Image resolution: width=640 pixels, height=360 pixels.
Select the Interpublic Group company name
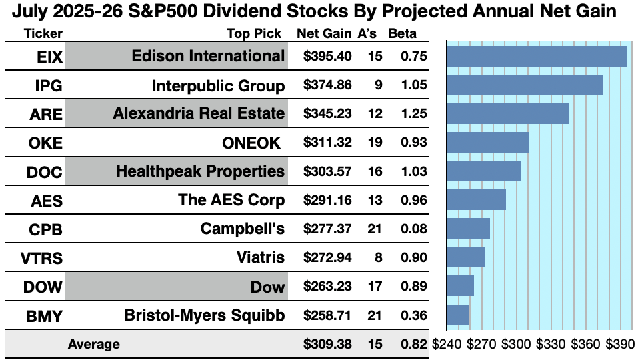(218, 86)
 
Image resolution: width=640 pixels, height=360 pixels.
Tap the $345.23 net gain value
(327, 114)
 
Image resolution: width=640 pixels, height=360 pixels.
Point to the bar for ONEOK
(488, 143)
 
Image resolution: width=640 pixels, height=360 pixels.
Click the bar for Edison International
(537, 57)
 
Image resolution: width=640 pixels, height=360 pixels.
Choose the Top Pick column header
(254, 34)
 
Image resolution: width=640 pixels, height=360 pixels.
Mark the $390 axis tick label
(619, 345)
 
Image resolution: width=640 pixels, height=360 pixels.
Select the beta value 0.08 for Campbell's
(413, 229)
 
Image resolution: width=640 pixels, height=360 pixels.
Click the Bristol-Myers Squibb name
(205, 315)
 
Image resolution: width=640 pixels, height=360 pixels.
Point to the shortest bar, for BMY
(458, 315)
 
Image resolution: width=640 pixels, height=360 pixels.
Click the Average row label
(93, 345)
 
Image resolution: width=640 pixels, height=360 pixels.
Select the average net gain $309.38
(327, 345)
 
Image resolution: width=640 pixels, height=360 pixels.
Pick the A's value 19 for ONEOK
(375, 143)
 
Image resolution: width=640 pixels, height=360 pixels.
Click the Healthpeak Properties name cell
(200, 171)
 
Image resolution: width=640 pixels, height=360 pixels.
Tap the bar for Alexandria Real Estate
(507, 114)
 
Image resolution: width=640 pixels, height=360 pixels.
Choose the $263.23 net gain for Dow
(327, 287)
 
